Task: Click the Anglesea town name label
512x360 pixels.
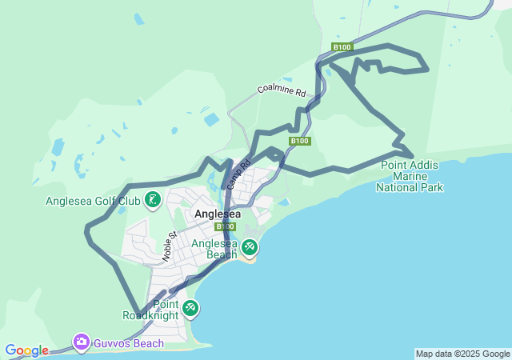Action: (x=218, y=214)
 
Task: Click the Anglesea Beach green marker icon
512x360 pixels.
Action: (x=250, y=248)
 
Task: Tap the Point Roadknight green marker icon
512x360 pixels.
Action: (x=190, y=308)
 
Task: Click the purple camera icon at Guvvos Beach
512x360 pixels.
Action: (x=81, y=342)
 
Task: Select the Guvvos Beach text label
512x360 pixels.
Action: (x=128, y=343)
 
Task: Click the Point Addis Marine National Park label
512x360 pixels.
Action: (x=411, y=176)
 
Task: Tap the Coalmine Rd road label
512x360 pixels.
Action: (x=282, y=90)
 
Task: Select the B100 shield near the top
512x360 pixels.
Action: (x=342, y=47)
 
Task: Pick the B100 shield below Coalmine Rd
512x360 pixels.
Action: (x=300, y=141)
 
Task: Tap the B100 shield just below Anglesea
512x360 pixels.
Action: (x=225, y=227)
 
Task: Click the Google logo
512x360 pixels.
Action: (x=26, y=350)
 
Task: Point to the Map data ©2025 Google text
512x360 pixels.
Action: (x=462, y=354)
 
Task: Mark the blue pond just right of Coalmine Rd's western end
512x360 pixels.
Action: (x=211, y=120)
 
